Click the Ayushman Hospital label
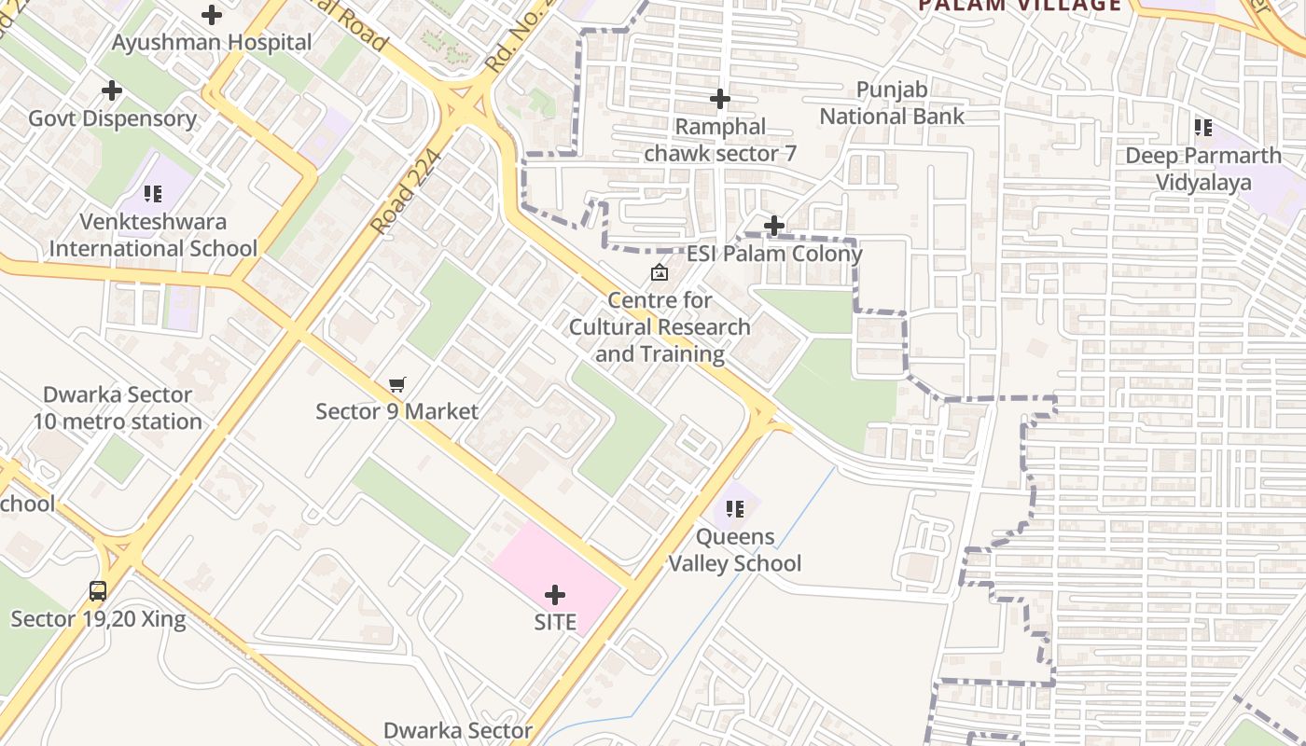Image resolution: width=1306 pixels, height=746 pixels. pyautogui.click(x=212, y=42)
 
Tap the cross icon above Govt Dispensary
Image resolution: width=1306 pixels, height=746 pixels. pyautogui.click(x=112, y=90)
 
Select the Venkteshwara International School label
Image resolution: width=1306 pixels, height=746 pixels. pyautogui.click(x=153, y=235)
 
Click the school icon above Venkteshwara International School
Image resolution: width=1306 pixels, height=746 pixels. pyautogui.click(x=153, y=194)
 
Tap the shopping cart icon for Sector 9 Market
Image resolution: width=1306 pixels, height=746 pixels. pyautogui.click(x=397, y=384)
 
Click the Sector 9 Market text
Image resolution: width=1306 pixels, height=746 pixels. pyautogui.click(x=397, y=411)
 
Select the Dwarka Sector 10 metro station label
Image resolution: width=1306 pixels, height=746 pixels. pyautogui.click(x=118, y=408)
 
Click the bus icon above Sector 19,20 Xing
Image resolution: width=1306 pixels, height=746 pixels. pyautogui.click(x=98, y=590)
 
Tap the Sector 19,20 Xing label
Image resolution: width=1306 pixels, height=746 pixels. pyautogui.click(x=98, y=619)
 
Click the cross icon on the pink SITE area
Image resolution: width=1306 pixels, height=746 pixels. pyautogui.click(x=555, y=594)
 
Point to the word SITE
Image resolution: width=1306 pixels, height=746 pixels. pyautogui.click(x=555, y=622)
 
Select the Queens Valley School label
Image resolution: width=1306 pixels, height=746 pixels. pyautogui.click(x=735, y=550)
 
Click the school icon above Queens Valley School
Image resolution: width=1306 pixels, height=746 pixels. pyautogui.click(x=735, y=509)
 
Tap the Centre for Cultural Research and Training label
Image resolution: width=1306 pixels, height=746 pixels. pyautogui.click(x=660, y=327)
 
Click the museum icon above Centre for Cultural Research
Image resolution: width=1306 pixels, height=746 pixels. pyautogui.click(x=660, y=272)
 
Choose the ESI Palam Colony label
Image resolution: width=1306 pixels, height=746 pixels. pyautogui.click(x=774, y=254)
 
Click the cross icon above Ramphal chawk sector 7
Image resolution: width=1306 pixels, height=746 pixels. pyautogui.click(x=720, y=98)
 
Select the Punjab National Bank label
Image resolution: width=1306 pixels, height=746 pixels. pyautogui.click(x=892, y=104)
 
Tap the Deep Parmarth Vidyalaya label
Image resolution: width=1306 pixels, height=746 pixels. pyautogui.click(x=1203, y=168)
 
